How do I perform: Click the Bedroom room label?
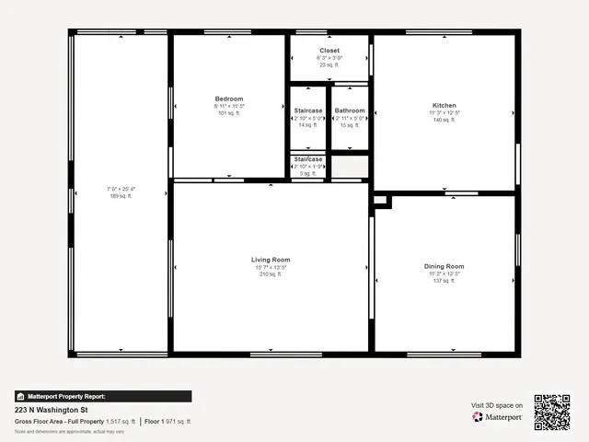click(229, 99)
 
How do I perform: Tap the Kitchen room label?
click(445, 106)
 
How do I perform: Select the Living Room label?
click(271, 260)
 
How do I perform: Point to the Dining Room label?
click(444, 266)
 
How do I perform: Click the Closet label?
click(329, 51)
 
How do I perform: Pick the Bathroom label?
click(350, 111)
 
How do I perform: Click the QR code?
click(552, 412)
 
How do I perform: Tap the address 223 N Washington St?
click(52, 410)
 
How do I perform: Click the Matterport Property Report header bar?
click(103, 396)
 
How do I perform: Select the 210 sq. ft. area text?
click(271, 274)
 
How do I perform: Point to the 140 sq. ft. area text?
click(445, 121)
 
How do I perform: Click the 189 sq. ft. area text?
click(121, 196)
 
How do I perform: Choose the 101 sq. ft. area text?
click(229, 113)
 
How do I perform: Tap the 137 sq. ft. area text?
click(444, 281)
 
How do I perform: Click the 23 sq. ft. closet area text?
click(329, 65)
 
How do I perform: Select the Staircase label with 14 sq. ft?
click(308, 111)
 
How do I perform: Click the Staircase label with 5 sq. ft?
click(308, 159)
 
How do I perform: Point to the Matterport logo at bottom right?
click(498, 417)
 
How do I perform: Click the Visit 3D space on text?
click(497, 405)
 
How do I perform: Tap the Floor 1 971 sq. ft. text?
click(167, 421)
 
